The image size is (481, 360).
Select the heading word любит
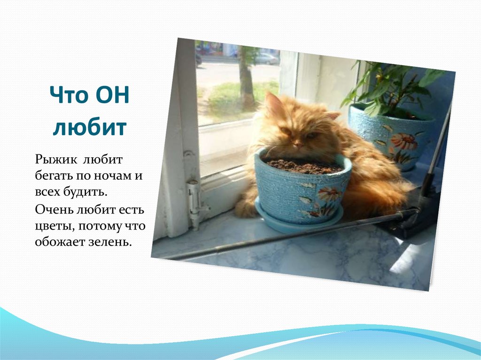[x=90, y=127]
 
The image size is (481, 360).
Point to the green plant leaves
[x=390, y=84]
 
